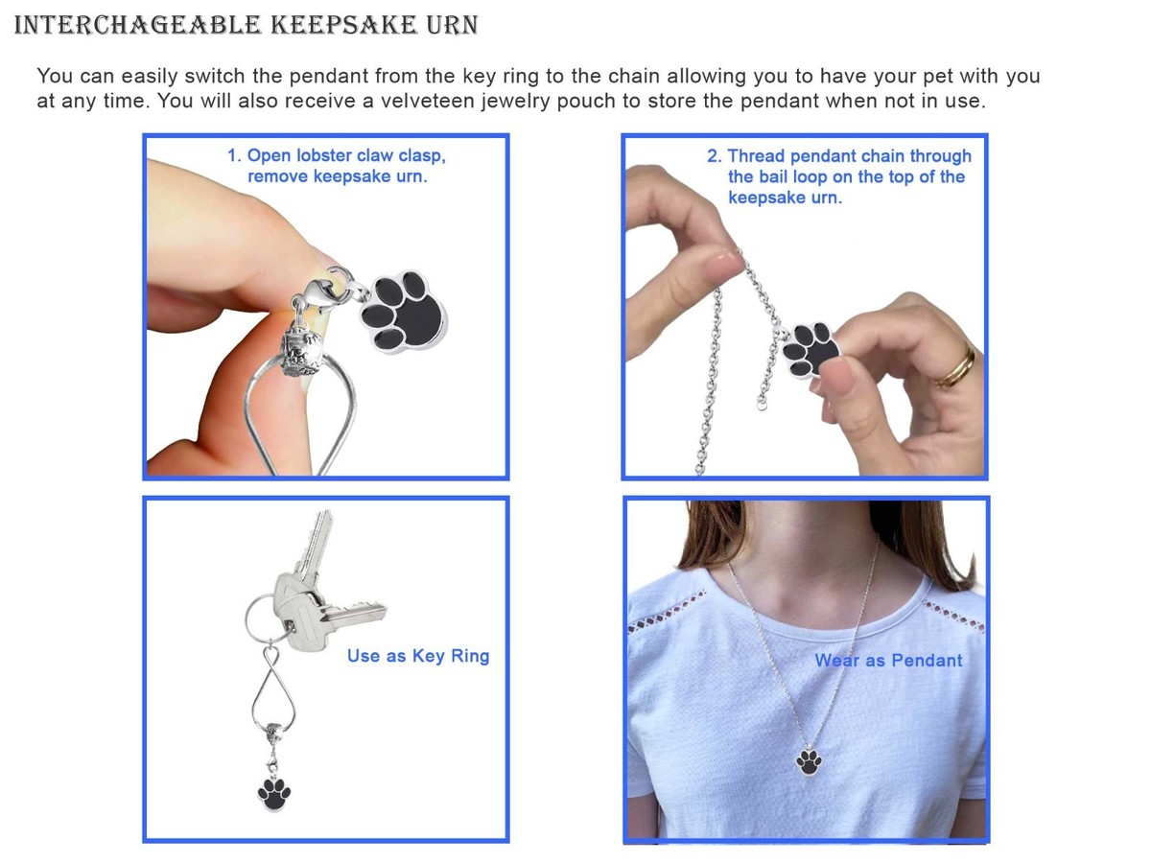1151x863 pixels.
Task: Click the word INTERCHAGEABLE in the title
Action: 137,25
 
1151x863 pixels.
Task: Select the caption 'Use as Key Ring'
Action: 418,656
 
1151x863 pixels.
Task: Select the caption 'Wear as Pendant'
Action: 888,661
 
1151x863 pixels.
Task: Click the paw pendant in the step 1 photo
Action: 403,312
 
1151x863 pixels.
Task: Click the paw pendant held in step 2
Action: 810,348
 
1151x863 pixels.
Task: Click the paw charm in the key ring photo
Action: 273,794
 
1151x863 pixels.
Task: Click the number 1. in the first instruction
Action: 234,155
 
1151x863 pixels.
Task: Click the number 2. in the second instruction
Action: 715,155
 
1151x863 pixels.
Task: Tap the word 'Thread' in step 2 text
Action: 757,155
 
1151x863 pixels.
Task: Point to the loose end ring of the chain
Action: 762,405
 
